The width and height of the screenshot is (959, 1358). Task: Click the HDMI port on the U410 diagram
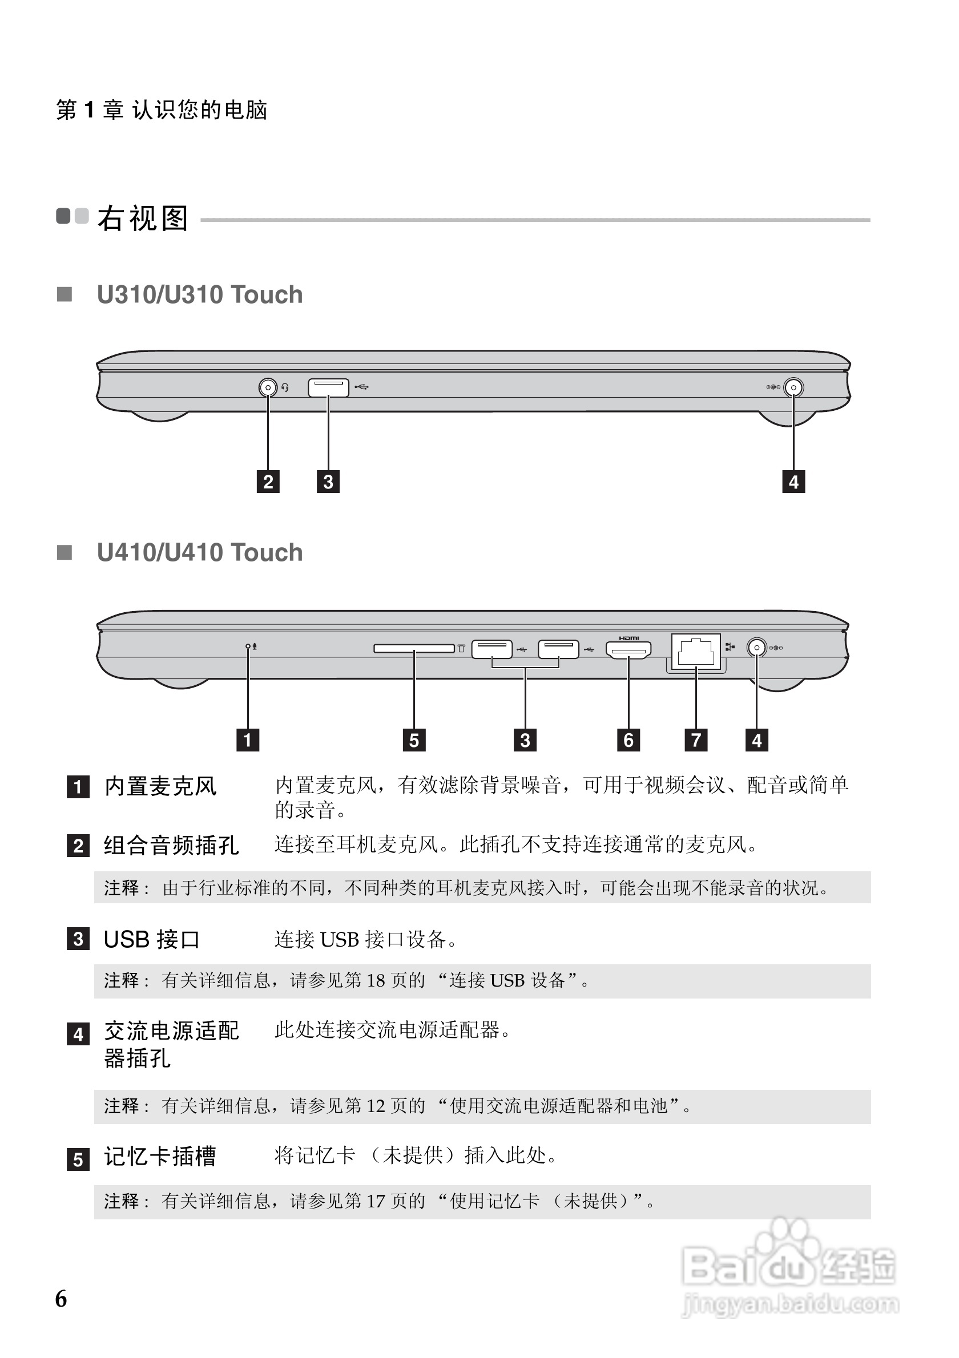(x=628, y=649)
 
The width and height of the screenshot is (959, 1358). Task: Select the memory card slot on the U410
(x=413, y=649)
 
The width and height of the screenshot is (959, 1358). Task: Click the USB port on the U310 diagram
(x=328, y=387)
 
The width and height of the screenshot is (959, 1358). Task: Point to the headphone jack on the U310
(x=268, y=387)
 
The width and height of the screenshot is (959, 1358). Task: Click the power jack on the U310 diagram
(x=793, y=387)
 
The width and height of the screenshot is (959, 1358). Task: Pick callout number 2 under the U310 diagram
(x=268, y=482)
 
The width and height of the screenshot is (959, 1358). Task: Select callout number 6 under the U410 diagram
(x=628, y=740)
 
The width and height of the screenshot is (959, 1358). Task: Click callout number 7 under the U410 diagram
(x=696, y=740)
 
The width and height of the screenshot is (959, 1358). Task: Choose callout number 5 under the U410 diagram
(x=414, y=740)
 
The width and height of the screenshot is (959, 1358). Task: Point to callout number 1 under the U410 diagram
(x=247, y=740)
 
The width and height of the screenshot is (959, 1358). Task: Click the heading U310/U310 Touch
(x=199, y=294)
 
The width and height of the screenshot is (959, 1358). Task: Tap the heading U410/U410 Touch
(x=199, y=552)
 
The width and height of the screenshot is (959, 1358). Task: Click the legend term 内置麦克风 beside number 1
(x=160, y=787)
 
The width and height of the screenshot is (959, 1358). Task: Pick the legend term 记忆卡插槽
(x=160, y=1157)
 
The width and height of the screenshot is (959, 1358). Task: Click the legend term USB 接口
(x=151, y=939)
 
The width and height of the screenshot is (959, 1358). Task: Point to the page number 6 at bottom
(x=61, y=1299)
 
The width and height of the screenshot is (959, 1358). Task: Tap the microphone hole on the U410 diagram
(x=248, y=646)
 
